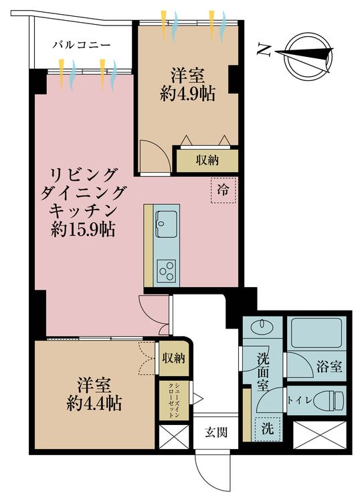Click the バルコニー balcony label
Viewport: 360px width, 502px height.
(82, 44)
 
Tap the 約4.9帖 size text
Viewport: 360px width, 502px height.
(187, 94)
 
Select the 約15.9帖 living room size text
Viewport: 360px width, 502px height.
(83, 229)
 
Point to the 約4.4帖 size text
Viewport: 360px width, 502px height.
(94, 404)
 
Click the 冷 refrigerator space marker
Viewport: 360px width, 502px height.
(223, 190)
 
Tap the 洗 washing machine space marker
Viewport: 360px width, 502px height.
(268, 428)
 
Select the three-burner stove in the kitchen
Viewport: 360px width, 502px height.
(167, 271)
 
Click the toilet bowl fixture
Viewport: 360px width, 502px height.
(328, 400)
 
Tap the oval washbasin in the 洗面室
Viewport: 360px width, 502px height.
(262, 327)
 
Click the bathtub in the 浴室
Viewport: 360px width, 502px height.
(317, 333)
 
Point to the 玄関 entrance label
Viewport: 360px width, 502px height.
(216, 432)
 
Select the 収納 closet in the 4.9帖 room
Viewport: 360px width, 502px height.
(207, 161)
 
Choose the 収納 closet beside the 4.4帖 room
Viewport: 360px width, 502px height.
(173, 358)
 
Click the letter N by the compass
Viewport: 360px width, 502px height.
(264, 50)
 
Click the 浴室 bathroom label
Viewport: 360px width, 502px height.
(329, 367)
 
